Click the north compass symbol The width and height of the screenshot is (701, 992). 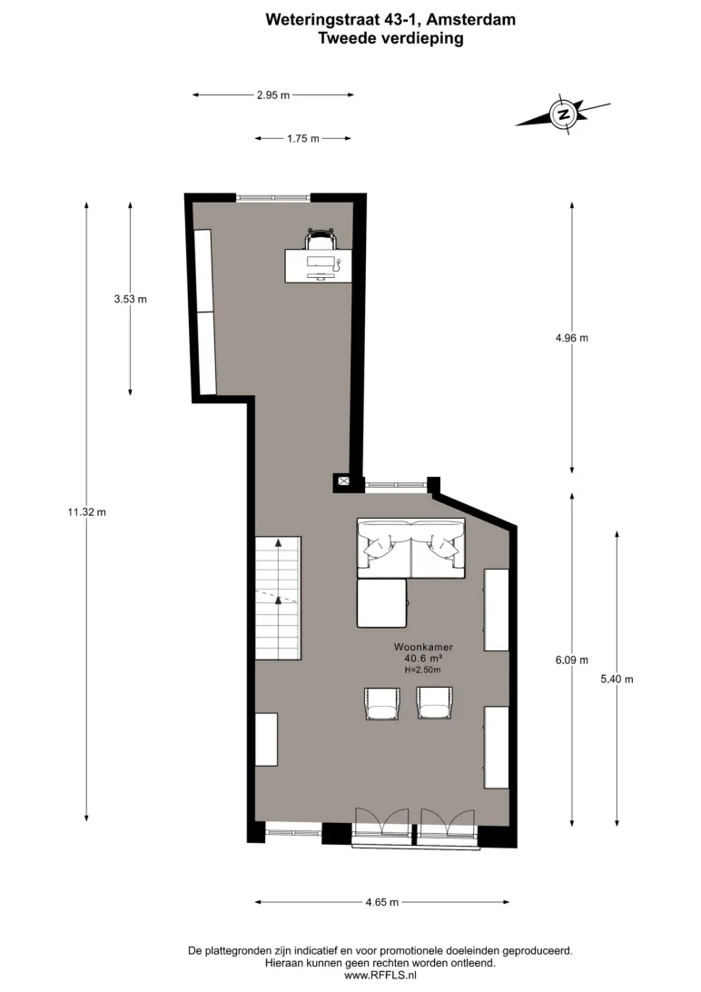click(x=563, y=114)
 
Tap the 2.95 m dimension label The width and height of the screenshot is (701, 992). click(x=273, y=95)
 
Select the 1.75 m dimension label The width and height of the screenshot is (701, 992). click(x=302, y=139)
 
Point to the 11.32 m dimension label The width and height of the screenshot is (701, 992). click(x=86, y=511)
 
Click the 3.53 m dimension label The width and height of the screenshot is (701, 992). click(x=130, y=299)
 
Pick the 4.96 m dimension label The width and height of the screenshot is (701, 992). click(x=571, y=338)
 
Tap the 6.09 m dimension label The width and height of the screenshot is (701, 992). click(x=571, y=660)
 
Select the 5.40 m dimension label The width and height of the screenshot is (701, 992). click(x=617, y=679)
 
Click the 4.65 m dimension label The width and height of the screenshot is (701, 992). click(x=381, y=902)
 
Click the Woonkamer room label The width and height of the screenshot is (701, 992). click(x=423, y=647)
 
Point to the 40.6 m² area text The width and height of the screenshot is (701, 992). click(x=423, y=659)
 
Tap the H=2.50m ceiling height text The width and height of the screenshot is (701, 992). click(x=423, y=670)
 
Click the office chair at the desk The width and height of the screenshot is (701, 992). click(x=321, y=239)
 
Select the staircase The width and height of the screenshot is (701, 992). click(x=278, y=598)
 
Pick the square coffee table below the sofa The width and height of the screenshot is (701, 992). click(x=381, y=603)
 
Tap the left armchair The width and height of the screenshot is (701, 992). click(x=382, y=703)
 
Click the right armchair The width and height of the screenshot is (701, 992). click(x=434, y=703)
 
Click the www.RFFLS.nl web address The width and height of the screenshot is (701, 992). click(x=380, y=975)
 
